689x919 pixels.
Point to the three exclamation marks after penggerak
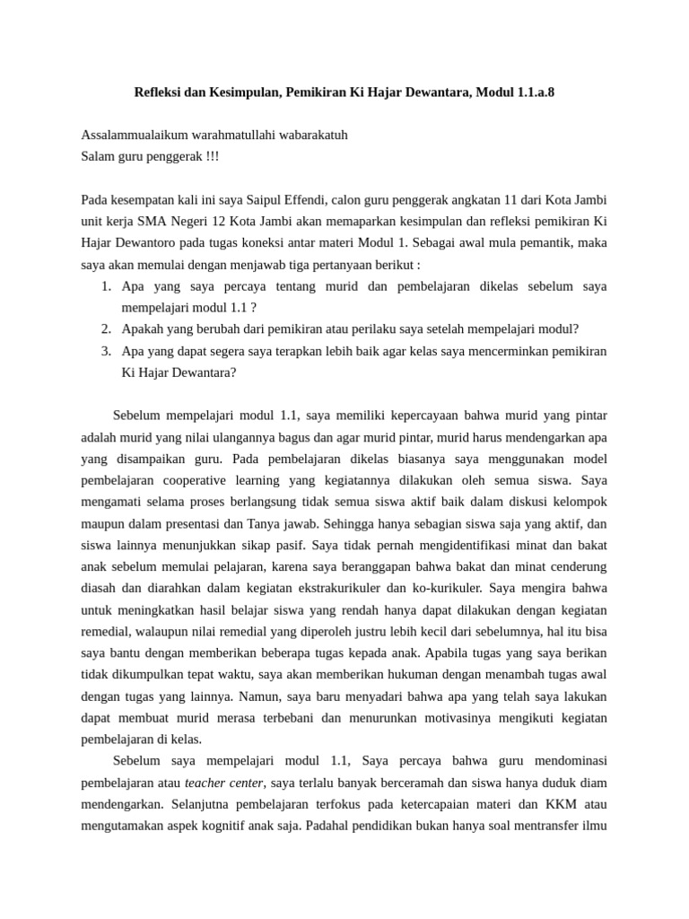(x=211, y=156)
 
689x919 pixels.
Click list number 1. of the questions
(x=105, y=285)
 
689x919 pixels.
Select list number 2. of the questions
(x=105, y=328)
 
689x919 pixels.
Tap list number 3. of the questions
(x=105, y=350)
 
